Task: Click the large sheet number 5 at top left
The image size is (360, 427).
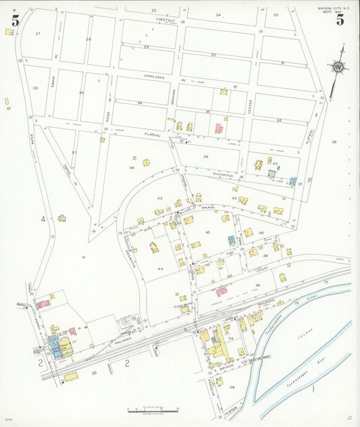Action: coord(15,20)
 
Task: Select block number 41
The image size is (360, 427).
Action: coord(84,257)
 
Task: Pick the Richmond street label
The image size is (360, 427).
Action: coord(223,175)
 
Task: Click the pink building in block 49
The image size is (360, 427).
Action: coord(222,291)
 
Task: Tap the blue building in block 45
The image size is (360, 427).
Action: coord(231,240)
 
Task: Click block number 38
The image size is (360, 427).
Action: coord(132,167)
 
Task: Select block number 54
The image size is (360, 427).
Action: coord(230,338)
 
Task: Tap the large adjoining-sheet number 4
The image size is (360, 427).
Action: coord(43,220)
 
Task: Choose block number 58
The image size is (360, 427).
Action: coord(232,387)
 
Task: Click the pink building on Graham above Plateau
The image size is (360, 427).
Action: coord(218,128)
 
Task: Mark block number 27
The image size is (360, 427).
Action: coord(38,33)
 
